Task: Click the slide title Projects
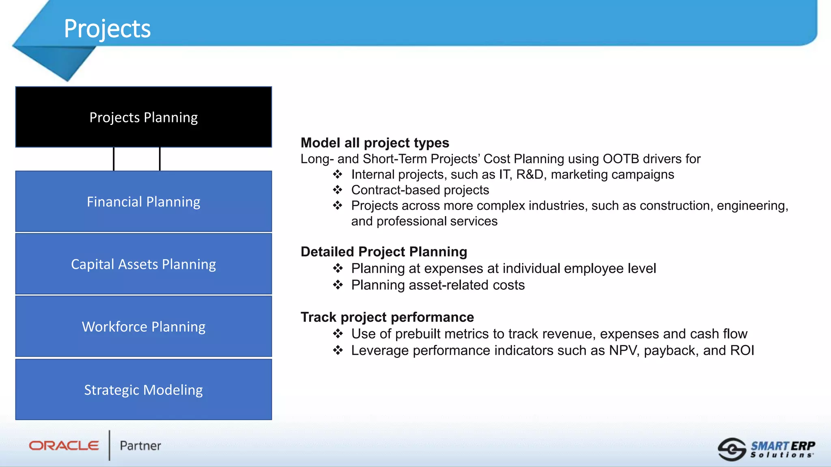107,29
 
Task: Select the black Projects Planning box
144,117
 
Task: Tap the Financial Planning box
144,201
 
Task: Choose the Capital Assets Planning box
144,264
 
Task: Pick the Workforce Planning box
144,326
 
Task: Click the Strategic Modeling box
144,390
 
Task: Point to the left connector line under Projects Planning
114,159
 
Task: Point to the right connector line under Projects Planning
160,159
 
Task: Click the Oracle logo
64,446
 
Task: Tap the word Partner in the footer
140,446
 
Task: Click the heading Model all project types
375,143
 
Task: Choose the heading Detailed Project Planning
383,252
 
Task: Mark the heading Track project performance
387,317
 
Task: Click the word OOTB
620,159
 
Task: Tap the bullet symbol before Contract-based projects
338,190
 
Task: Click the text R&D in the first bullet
530,174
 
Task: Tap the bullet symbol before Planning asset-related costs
338,285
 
